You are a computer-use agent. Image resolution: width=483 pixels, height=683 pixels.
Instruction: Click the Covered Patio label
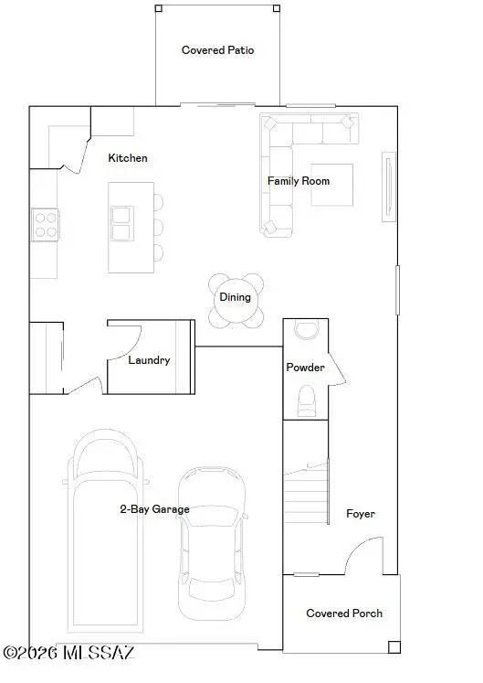pyautogui.click(x=217, y=50)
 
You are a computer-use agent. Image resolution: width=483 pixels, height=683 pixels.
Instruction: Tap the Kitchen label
pyautogui.click(x=128, y=158)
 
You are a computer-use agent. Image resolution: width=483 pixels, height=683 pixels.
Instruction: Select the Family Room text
pyautogui.click(x=299, y=181)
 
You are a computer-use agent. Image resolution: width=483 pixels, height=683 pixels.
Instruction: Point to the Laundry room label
pyautogui.click(x=149, y=360)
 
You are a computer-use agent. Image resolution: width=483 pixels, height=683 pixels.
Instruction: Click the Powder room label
pyautogui.click(x=305, y=368)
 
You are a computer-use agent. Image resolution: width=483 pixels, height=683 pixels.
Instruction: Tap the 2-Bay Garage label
pyautogui.click(x=154, y=509)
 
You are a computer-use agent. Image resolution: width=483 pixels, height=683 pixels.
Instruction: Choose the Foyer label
pyautogui.click(x=360, y=514)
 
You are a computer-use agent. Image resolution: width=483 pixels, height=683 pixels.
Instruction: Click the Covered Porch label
pyautogui.click(x=344, y=614)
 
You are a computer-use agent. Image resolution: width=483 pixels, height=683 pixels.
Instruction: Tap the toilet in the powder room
pyautogui.click(x=308, y=400)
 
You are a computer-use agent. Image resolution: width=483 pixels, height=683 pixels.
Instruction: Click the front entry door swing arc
pyautogui.click(x=361, y=553)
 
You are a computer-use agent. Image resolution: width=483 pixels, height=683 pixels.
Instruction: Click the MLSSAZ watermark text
pyautogui.click(x=70, y=654)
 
